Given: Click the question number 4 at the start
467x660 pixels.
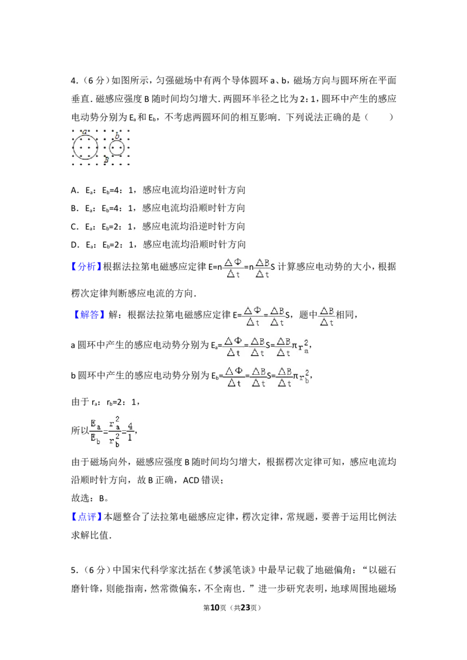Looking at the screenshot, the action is click(x=74, y=80).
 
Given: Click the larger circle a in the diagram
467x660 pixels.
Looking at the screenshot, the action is click(x=73, y=148).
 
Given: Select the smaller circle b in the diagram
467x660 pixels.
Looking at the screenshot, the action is click(x=109, y=148).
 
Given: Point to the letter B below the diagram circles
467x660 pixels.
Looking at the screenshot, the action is click(x=106, y=160).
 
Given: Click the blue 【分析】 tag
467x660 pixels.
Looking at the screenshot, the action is click(x=86, y=266).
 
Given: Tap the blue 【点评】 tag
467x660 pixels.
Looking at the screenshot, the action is click(x=86, y=517).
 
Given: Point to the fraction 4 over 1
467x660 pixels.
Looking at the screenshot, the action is click(x=130, y=431).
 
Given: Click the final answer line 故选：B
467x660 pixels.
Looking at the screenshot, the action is click(x=90, y=498).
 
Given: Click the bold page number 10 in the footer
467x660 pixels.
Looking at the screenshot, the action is click(x=215, y=608).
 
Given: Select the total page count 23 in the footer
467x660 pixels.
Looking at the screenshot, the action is click(x=245, y=608).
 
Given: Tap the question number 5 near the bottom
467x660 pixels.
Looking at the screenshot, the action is click(x=74, y=570).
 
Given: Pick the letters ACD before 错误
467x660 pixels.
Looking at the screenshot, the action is click(x=192, y=480).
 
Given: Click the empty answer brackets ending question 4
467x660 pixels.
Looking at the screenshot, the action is click(x=379, y=117).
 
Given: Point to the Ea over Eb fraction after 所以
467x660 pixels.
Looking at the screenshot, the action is click(x=96, y=431).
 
